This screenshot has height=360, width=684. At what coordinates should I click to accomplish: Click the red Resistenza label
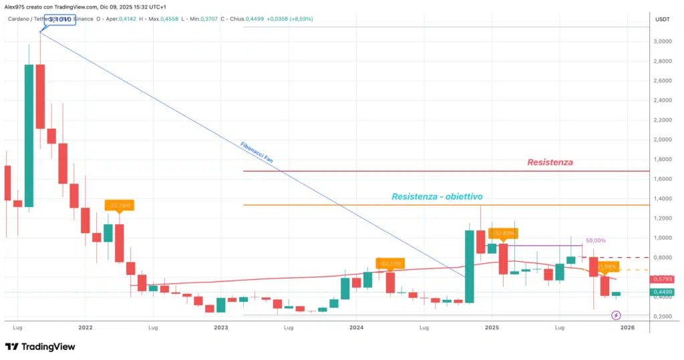pyautogui.click(x=550, y=162)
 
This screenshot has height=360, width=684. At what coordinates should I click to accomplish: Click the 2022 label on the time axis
pyautogui.click(x=85, y=328)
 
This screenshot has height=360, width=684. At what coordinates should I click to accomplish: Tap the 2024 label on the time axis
pyautogui.click(x=356, y=328)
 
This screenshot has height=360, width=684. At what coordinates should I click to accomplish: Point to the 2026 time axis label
pyautogui.click(x=627, y=328)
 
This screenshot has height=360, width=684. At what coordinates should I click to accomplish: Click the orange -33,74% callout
pyautogui.click(x=120, y=205)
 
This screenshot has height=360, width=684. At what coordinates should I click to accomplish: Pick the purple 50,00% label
pyautogui.click(x=596, y=240)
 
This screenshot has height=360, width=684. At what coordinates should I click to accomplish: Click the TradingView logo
pyautogui.click(x=40, y=347)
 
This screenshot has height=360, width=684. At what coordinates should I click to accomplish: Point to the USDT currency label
pyautogui.click(x=663, y=19)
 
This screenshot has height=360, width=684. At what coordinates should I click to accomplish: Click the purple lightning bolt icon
pyautogui.click(x=617, y=315)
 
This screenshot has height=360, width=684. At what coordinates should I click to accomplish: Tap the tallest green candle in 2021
pyautogui.click(x=29, y=135)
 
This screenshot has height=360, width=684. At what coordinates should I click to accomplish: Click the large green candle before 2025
pyautogui.click(x=469, y=266)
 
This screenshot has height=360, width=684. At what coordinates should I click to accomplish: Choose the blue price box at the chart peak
pyautogui.click(x=58, y=20)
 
